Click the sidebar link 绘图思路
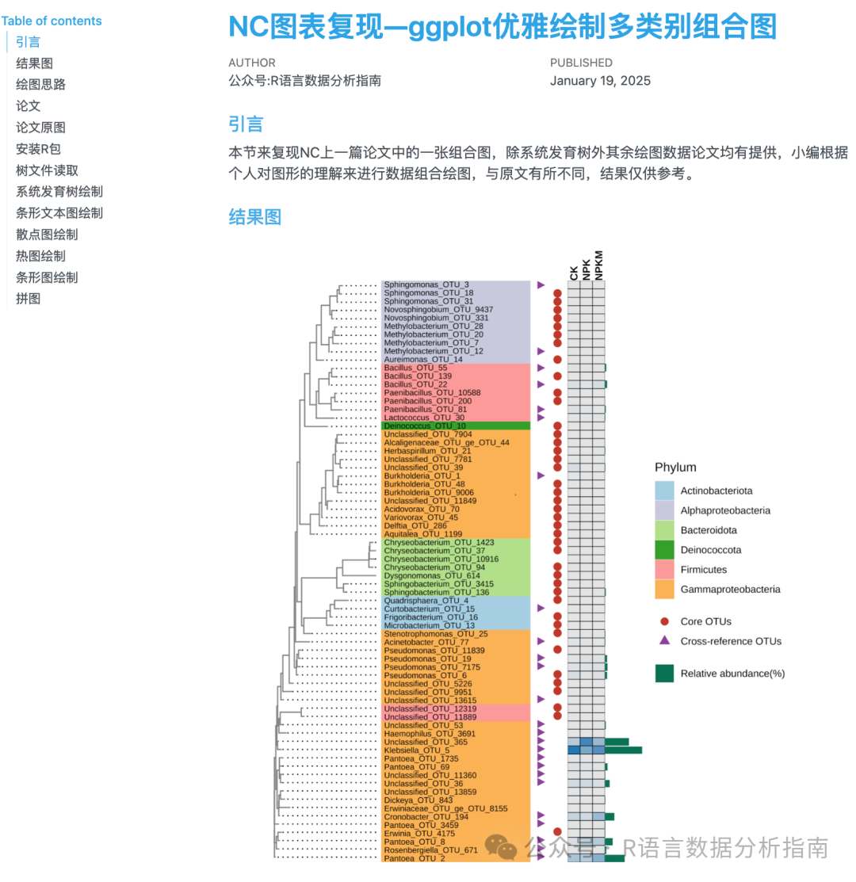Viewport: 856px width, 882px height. (40, 84)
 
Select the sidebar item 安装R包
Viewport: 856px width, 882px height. (38, 148)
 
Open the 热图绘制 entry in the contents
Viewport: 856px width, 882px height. (40, 256)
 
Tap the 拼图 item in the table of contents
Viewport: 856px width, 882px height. (28, 299)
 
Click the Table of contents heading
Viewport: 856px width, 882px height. (52, 21)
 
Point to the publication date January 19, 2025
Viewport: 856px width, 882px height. (600, 81)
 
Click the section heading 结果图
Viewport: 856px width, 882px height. (254, 217)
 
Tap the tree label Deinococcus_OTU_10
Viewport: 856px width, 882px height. (425, 426)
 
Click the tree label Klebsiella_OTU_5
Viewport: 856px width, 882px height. (416, 750)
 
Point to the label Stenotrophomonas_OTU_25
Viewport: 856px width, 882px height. (435, 634)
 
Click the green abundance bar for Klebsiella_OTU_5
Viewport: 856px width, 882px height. (624, 750)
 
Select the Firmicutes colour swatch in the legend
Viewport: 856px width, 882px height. (664, 569)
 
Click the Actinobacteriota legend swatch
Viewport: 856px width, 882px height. (664, 491)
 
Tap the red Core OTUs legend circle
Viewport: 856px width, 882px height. (664, 621)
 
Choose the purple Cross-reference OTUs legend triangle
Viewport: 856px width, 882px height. (664, 641)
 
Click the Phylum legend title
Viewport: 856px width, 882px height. (675, 468)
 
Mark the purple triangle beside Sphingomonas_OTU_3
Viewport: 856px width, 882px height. (541, 284)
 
